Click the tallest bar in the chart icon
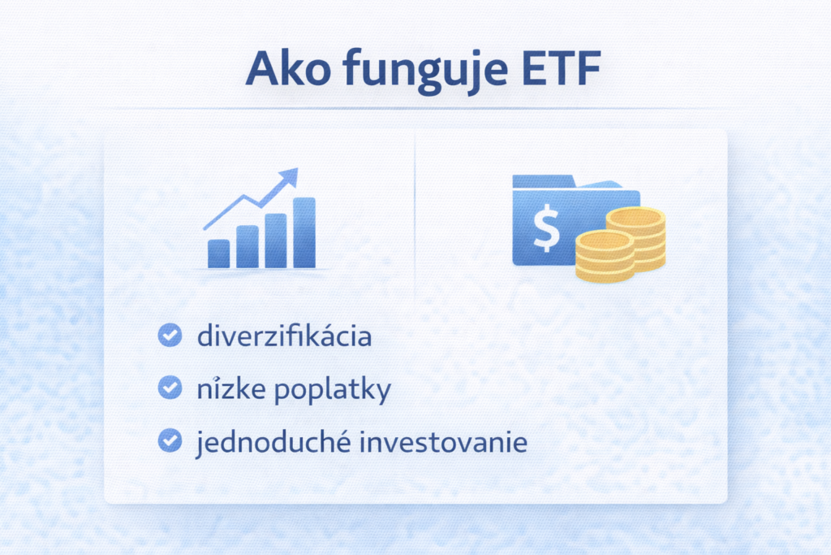tap(304, 232)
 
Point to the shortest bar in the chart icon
tap(218, 253)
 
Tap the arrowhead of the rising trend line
tap(290, 177)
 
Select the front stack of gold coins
tap(605, 256)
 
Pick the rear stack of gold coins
tap(637, 236)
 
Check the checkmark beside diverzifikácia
tap(169, 336)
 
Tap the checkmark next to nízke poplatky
tap(169, 388)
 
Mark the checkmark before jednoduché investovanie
tap(169, 441)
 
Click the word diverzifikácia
tap(284, 336)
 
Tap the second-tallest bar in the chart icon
tap(275, 241)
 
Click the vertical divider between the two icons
tap(415, 219)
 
